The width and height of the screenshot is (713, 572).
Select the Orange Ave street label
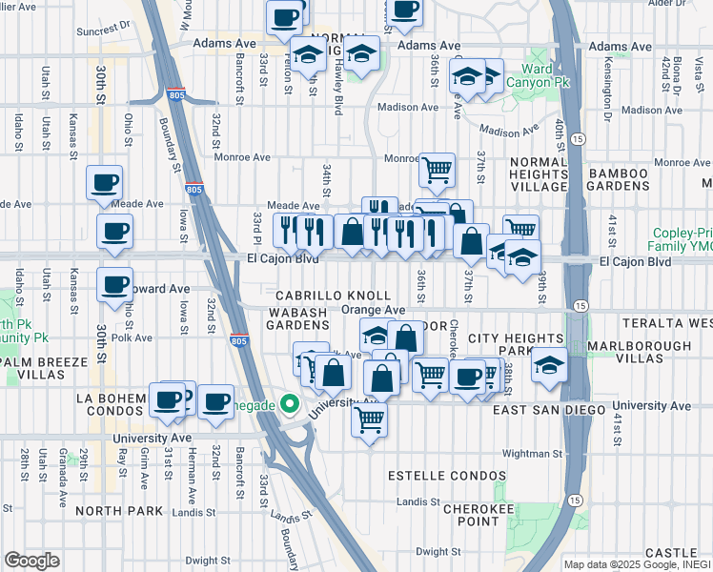(374, 310)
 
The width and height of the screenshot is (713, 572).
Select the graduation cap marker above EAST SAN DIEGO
(549, 367)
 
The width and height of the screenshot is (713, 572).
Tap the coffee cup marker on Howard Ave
(114, 283)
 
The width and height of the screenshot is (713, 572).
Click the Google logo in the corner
(31, 561)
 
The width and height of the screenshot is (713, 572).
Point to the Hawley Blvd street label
(337, 81)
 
